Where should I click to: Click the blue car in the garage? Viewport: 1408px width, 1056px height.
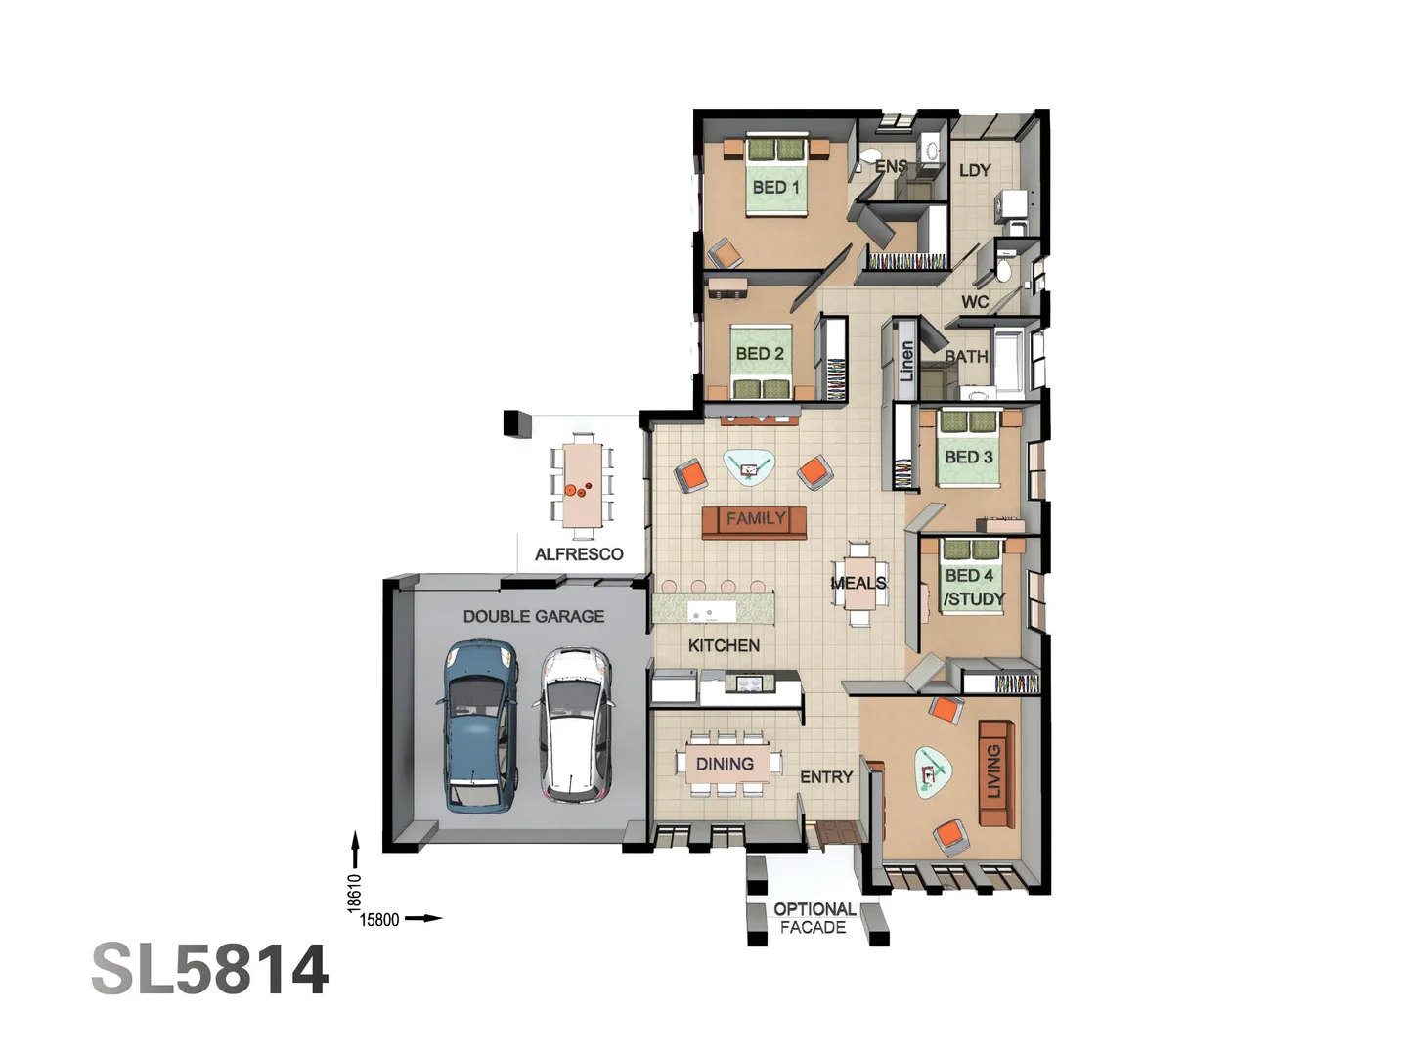point(478,725)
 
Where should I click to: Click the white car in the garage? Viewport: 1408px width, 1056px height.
point(577,725)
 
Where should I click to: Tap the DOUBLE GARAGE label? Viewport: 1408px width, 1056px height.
point(534,617)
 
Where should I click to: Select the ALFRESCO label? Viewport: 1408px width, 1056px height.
point(579,554)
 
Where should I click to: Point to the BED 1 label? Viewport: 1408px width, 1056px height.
point(776,187)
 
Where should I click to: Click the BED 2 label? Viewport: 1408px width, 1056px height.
point(760,354)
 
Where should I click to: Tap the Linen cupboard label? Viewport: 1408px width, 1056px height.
point(906,361)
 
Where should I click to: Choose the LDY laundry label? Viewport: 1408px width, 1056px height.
point(975,170)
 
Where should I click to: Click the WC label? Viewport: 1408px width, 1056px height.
point(975,302)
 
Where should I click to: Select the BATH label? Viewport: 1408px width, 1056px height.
point(967,357)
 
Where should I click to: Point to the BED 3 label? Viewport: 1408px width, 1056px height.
point(968,457)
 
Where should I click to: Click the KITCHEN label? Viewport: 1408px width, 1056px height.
point(724,645)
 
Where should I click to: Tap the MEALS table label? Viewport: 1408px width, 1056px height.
point(858,583)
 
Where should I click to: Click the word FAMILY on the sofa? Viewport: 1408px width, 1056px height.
point(756,519)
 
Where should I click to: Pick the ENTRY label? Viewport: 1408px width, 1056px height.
point(826,777)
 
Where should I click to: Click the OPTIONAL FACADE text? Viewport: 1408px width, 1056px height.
point(814,918)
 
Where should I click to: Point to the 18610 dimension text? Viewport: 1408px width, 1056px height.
point(355,893)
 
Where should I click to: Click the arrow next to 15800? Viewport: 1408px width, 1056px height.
point(423,918)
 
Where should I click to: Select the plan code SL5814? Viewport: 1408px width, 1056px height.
point(210,970)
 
